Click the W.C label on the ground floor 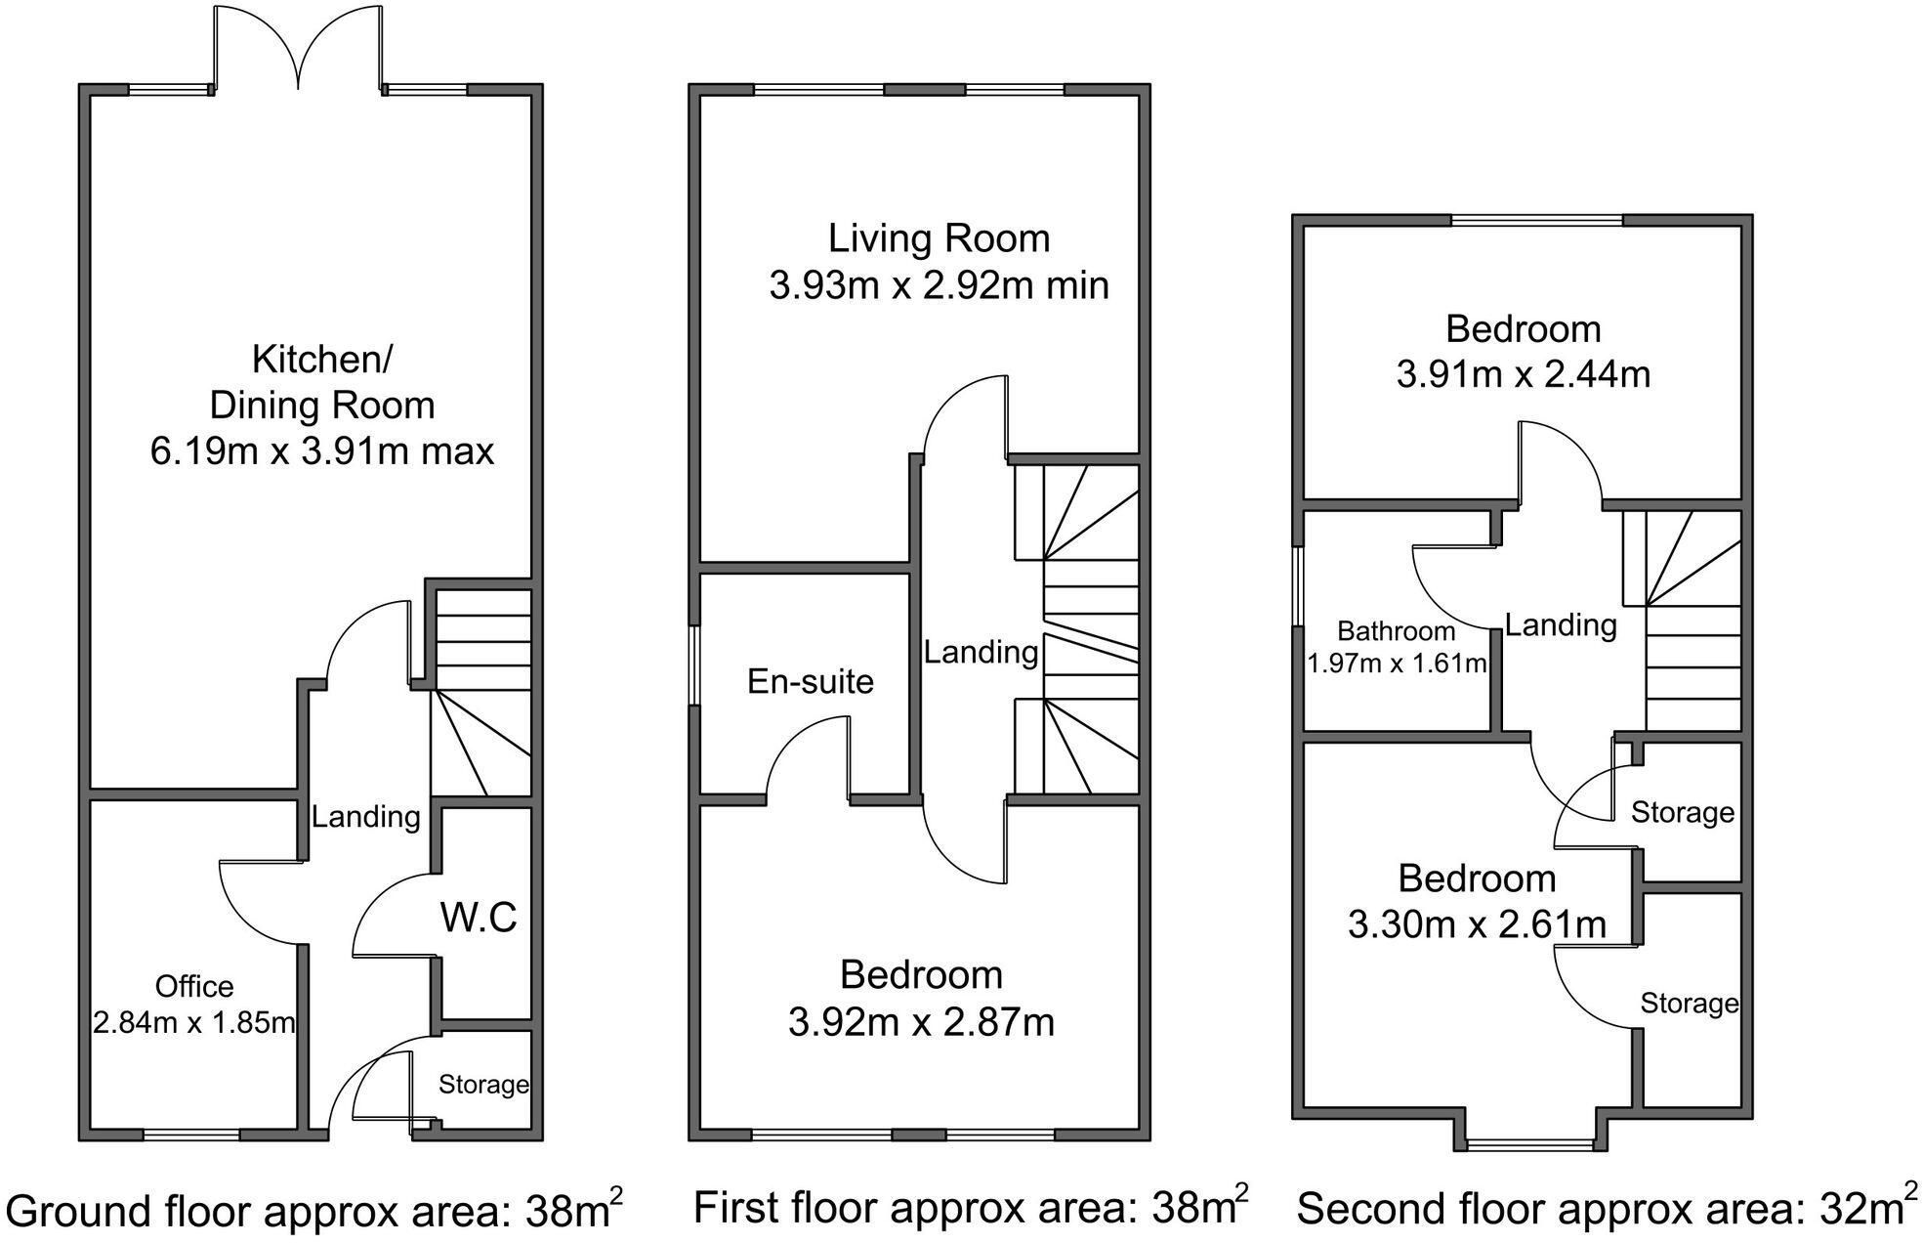(479, 919)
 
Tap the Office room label (194, 987)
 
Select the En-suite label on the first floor (811, 681)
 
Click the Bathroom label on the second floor (1397, 631)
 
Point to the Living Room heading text (940, 238)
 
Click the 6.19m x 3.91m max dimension (322, 451)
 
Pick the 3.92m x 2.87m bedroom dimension (921, 1022)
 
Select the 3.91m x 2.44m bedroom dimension (1524, 374)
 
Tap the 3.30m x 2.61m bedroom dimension (1477, 923)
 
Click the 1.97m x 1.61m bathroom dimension (1398, 664)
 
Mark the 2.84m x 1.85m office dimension (194, 1023)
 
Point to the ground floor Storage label (483, 1084)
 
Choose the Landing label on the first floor (982, 652)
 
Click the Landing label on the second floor (1561, 624)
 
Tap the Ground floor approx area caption (314, 1210)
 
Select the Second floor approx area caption (1600, 1207)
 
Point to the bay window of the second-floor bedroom (1531, 1143)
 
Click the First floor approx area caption (971, 1206)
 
